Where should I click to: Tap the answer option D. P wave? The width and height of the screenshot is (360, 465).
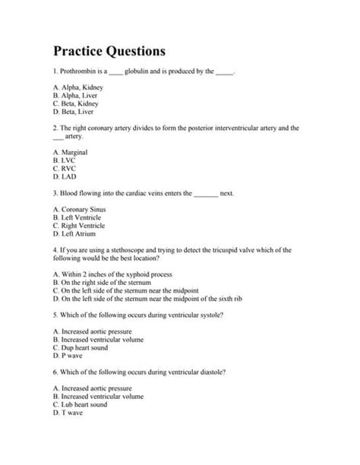(x=67, y=355)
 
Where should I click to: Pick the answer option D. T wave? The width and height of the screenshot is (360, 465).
(x=68, y=412)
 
